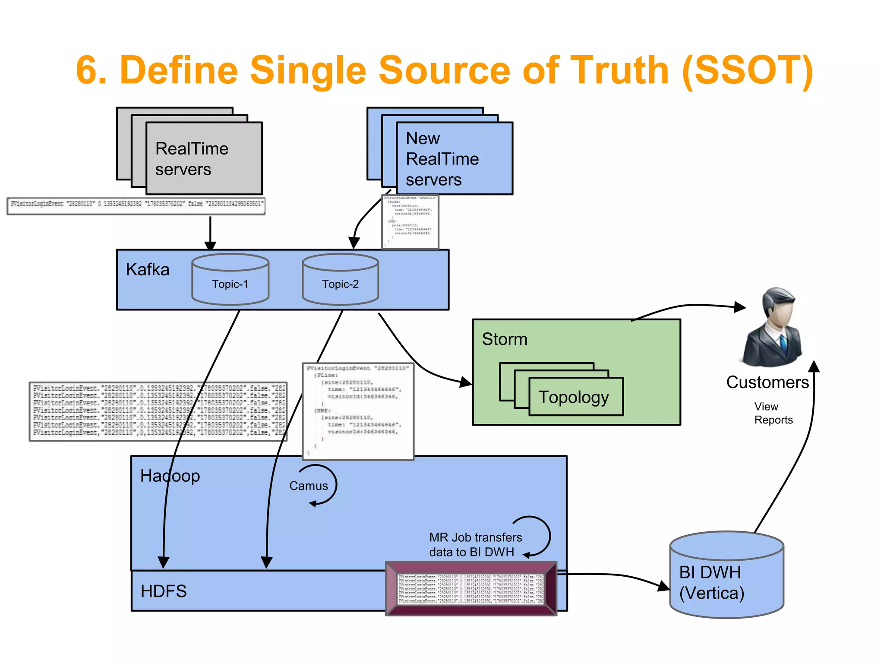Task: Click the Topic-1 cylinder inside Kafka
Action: point(230,280)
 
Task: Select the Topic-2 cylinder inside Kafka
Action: point(340,280)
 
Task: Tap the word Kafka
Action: point(148,270)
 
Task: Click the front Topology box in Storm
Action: point(576,397)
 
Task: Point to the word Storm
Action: point(505,339)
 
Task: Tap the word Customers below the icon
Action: point(767,382)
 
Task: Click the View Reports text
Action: point(773,413)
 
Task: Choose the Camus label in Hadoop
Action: point(309,486)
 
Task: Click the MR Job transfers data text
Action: point(475,545)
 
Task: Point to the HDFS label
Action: point(164,591)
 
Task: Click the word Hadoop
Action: point(170,476)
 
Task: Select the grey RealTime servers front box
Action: point(204,158)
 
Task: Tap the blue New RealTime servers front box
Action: point(454,158)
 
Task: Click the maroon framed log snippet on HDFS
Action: point(471,588)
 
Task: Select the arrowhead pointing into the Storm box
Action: point(466,382)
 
